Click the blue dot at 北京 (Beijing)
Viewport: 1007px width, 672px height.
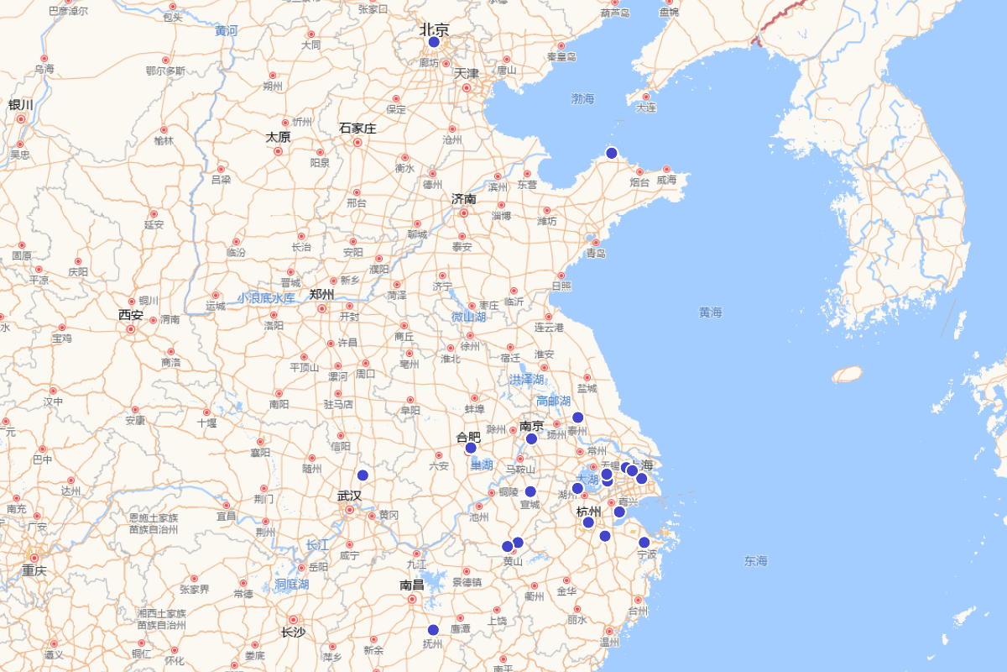coord(434,42)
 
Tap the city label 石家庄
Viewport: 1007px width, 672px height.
coord(357,129)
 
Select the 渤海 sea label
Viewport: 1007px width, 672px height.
coord(582,99)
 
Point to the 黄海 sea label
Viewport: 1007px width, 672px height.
coord(710,312)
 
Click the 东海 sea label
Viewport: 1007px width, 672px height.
coord(755,561)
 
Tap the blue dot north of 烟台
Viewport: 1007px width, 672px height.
coord(612,153)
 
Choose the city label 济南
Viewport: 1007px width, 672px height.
coord(463,199)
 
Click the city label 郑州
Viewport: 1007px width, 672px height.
coord(321,294)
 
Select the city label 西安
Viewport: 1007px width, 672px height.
coord(131,316)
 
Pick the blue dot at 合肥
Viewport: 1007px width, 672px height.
coord(471,448)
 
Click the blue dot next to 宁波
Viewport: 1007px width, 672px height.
coord(644,543)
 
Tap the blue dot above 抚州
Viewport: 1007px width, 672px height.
coord(433,630)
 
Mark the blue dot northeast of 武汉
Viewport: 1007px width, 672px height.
coord(363,475)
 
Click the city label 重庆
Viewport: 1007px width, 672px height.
coord(34,571)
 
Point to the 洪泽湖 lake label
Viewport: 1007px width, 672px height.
coord(526,380)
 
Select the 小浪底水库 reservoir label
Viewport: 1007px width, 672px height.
coord(265,298)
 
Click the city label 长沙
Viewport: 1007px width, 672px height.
coord(293,633)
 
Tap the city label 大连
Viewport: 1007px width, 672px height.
coord(646,108)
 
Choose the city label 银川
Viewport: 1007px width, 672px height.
coord(20,105)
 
